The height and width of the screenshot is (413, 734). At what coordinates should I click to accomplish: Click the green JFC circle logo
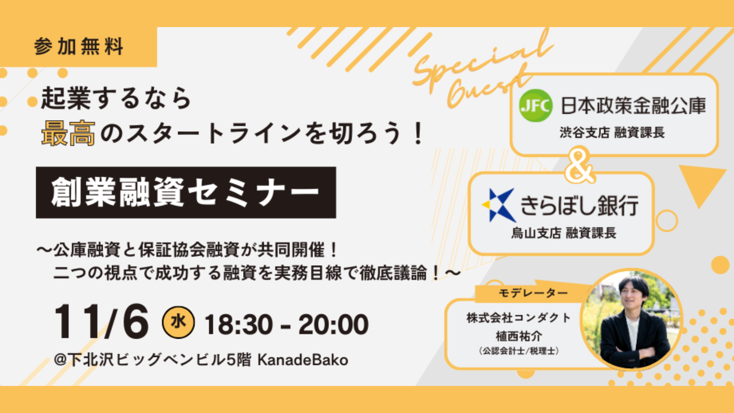(536, 106)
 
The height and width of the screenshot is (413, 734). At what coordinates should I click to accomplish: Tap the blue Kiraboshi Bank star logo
(498, 205)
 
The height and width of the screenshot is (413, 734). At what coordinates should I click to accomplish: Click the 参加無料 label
(78, 46)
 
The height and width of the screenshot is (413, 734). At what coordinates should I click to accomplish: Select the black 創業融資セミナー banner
(186, 192)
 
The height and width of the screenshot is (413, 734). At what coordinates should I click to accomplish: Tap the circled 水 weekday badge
(178, 322)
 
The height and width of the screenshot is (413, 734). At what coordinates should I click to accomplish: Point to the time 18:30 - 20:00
(286, 324)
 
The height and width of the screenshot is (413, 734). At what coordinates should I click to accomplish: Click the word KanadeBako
(303, 360)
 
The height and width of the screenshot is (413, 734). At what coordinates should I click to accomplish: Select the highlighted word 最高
(68, 133)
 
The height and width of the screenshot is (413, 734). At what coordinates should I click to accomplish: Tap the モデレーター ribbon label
(533, 293)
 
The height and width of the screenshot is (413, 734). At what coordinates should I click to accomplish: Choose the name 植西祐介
(519, 336)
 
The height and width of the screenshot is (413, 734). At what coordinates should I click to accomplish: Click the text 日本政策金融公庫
(633, 106)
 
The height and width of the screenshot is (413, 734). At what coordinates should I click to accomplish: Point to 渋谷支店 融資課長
(612, 133)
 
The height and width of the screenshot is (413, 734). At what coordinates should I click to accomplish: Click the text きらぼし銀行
(579, 206)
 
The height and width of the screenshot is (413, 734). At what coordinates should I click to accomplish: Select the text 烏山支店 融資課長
(564, 233)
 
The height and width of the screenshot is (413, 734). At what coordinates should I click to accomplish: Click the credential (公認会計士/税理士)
(519, 351)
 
